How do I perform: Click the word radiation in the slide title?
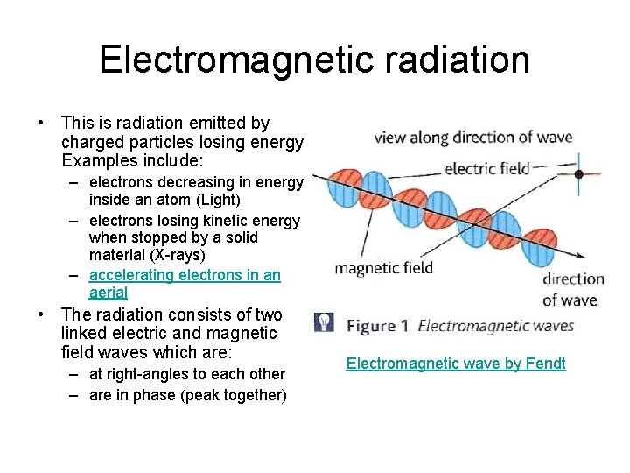460,60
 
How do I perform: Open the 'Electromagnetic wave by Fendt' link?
456,364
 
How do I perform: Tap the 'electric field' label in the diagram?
487,168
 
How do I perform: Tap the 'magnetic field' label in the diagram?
383,268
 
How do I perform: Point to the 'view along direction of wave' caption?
472,137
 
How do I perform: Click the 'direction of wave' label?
573,290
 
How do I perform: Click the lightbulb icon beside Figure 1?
324,322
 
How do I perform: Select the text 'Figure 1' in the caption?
378,326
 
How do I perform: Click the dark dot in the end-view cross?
579,174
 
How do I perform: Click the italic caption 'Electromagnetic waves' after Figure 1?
496,326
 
